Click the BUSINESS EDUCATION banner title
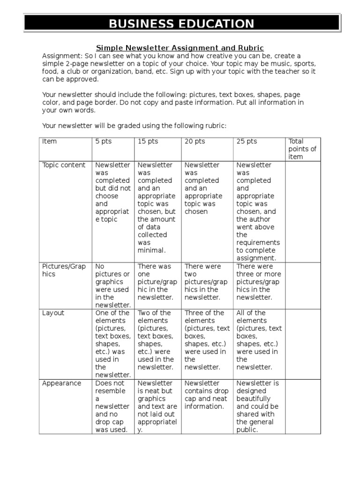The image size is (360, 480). coord(181,24)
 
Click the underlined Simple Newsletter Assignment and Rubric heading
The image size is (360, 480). coord(180,48)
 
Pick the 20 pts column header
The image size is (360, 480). coord(195,142)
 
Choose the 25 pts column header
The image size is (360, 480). coord(247,142)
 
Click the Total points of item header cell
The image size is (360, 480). coord(302,149)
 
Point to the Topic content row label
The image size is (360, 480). coord(64,165)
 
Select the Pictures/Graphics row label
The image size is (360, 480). coord(64,270)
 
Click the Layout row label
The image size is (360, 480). coord(53,313)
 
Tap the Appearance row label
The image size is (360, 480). coord(61,383)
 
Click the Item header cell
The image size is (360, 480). coord(49,142)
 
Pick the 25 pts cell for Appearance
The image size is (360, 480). coord(258,406)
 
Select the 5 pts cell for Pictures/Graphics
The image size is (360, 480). coord(113,285)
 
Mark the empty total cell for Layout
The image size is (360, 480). coord(303,343)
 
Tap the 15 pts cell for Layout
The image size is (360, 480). coord(157,339)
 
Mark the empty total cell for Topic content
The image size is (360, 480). coord(303,211)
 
